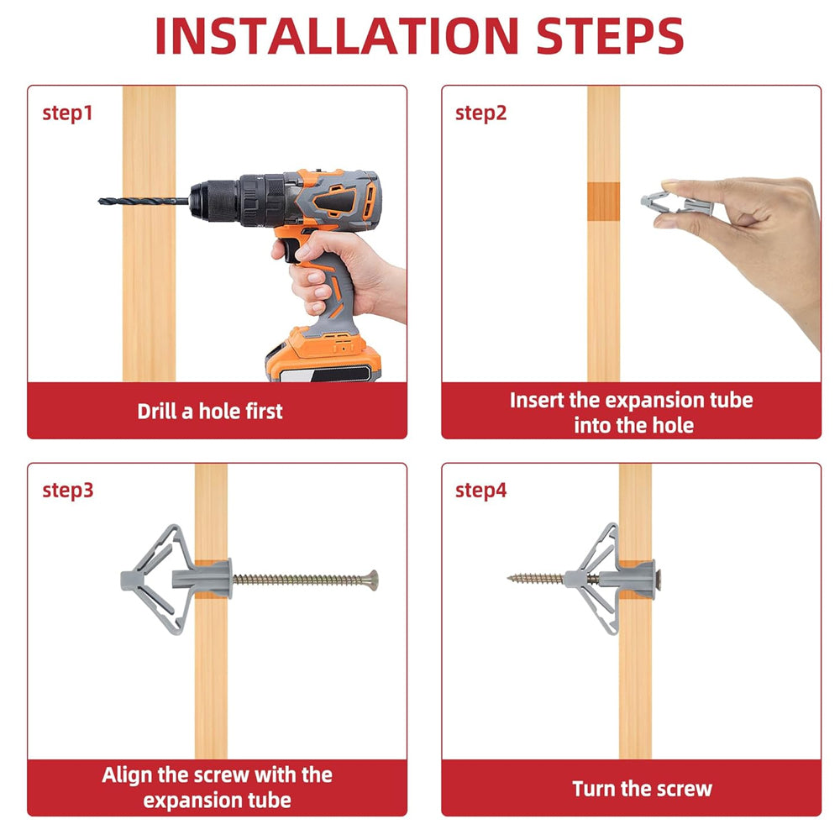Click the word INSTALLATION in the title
tap(337, 36)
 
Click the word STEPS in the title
tap(610, 36)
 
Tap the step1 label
tap(67, 113)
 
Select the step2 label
tap(480, 113)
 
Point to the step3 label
tap(68, 491)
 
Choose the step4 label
tap(480, 491)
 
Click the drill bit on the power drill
tap(144, 202)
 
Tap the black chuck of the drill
tap(214, 202)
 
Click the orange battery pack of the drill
tap(323, 354)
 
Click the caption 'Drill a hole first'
tap(209, 412)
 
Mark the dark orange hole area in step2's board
tap(603, 202)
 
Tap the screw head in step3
tap(372, 580)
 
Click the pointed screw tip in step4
tap(510, 578)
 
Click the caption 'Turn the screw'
tap(642, 789)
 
